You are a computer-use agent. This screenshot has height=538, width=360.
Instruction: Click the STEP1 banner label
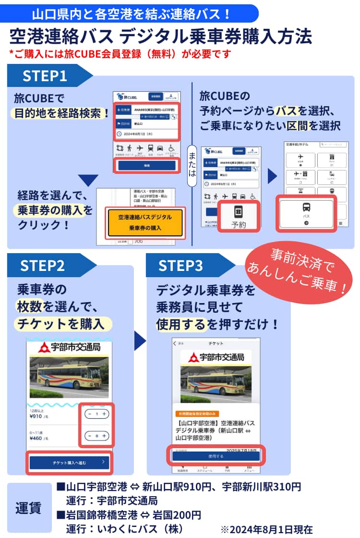point(45,76)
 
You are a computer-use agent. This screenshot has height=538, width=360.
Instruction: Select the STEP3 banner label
point(180,266)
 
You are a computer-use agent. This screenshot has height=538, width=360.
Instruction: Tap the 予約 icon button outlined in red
point(239,216)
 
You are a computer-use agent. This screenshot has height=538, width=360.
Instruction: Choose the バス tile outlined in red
point(306,214)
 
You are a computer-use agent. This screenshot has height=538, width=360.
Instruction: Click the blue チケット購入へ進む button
point(70,463)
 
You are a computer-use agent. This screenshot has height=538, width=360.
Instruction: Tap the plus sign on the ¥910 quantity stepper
point(105,414)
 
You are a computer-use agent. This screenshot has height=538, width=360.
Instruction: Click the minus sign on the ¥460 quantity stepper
point(89,436)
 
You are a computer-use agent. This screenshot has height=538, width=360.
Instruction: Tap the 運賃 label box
point(29,508)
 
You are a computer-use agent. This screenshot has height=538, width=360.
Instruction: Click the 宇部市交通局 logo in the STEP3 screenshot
point(216,357)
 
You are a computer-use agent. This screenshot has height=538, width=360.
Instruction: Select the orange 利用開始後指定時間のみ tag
point(197,414)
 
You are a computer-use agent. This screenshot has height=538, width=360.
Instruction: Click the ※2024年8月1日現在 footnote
point(266,529)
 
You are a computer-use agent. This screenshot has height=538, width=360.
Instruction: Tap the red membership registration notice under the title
point(120,53)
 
